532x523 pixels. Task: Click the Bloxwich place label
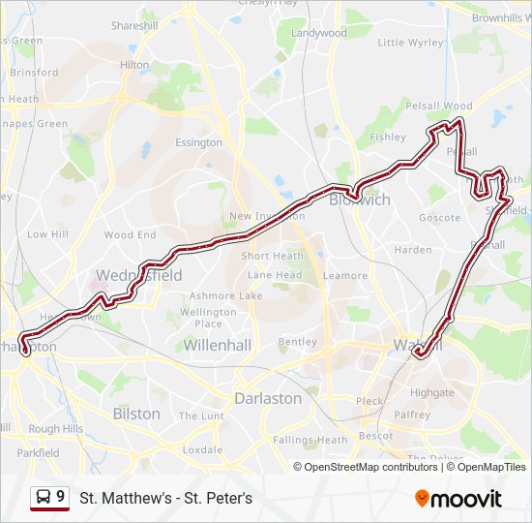[x=360, y=200]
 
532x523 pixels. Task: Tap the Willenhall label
[x=218, y=345]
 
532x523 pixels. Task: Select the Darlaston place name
[x=268, y=398]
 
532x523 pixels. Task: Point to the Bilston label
[x=136, y=414]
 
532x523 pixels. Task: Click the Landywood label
[x=318, y=33]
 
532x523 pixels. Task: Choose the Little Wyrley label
[x=411, y=43]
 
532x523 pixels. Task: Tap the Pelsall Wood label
[x=438, y=106]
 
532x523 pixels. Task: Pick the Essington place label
[x=198, y=142]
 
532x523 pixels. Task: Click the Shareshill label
[x=134, y=26]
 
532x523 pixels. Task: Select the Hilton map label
[x=134, y=65]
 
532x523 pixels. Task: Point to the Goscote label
[x=439, y=218]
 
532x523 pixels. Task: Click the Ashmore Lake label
[x=225, y=295]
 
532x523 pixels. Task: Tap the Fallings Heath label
[x=310, y=440]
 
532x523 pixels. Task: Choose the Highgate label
[x=431, y=393]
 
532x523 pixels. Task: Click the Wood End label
[x=130, y=235]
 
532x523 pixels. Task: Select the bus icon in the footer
[x=44, y=498]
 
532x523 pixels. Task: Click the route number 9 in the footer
[x=61, y=497]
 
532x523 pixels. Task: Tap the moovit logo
[x=458, y=499]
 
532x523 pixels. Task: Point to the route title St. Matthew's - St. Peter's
[x=165, y=499]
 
